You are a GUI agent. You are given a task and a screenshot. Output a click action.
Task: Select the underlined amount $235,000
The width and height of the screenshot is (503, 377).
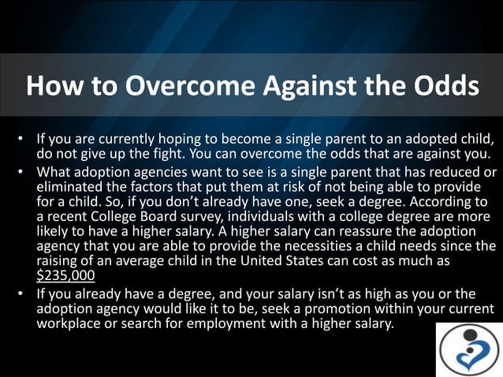66,276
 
